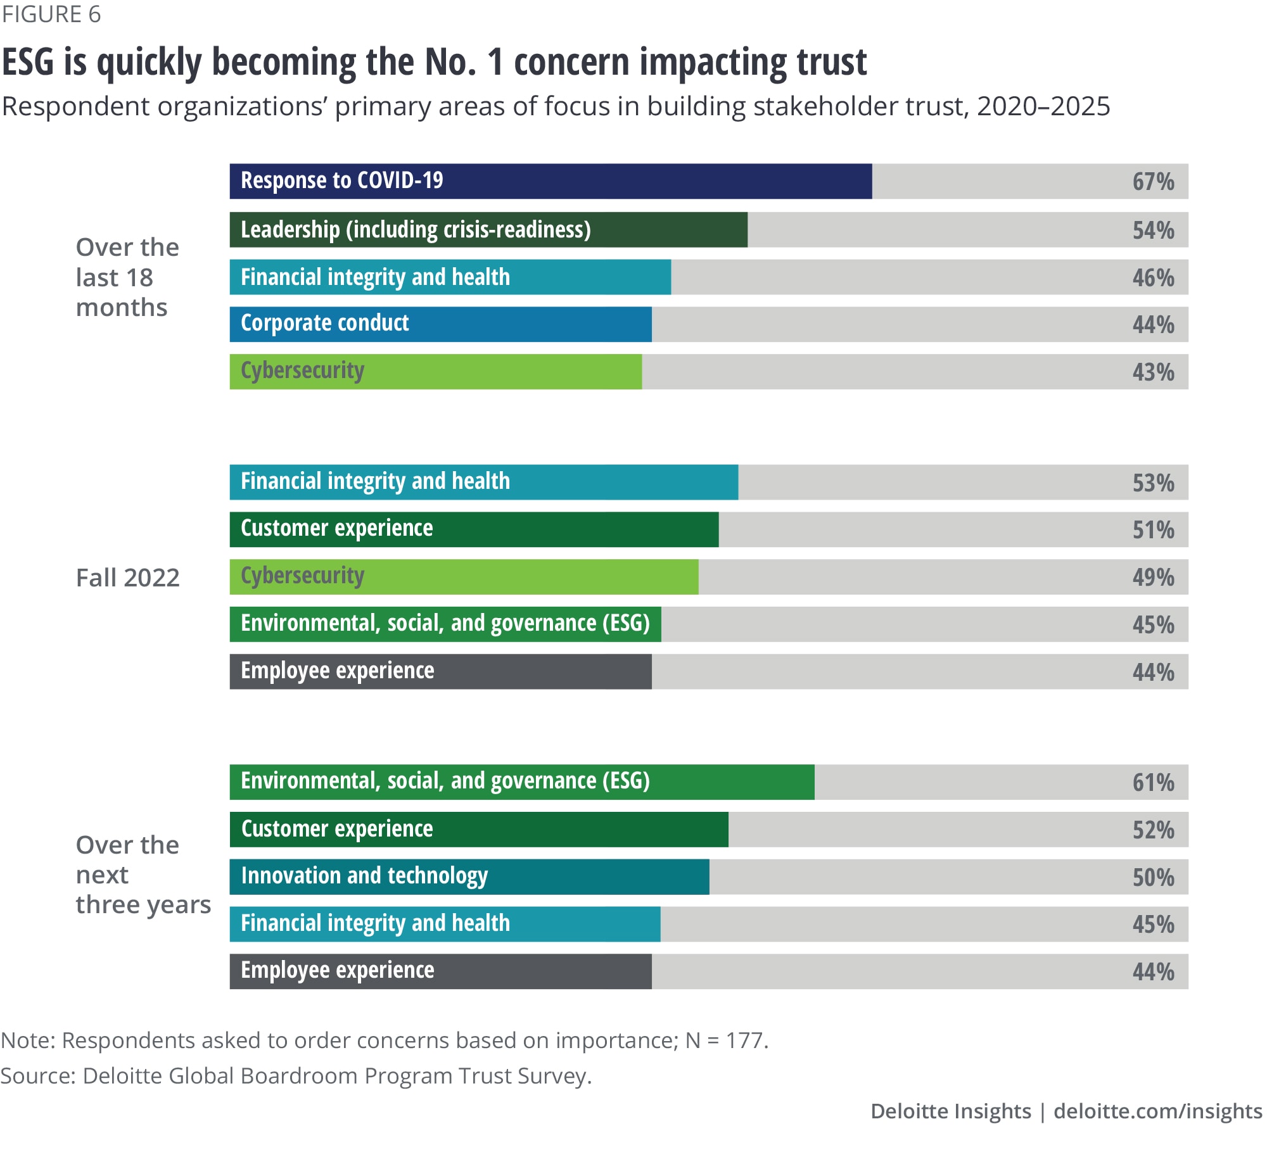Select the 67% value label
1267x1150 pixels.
(1153, 182)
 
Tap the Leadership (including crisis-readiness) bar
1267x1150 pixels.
(488, 229)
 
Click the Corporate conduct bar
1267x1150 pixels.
(440, 324)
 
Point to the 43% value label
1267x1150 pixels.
(1153, 372)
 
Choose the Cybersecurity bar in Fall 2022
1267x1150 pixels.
(464, 577)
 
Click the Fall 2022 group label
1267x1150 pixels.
(128, 578)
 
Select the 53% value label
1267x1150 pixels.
(1153, 483)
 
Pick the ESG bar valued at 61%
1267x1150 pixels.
(521, 782)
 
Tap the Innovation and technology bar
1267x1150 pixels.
(469, 877)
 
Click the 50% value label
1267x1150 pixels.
(1153, 877)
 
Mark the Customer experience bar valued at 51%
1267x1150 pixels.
(474, 529)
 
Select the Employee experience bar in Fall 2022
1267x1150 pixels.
(440, 672)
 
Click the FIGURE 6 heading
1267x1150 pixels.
(51, 14)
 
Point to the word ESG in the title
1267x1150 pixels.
(28, 62)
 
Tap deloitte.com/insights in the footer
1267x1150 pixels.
(1157, 1111)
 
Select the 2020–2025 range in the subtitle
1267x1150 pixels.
(1043, 106)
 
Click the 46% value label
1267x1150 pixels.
(1153, 277)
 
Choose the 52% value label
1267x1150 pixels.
(1153, 830)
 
